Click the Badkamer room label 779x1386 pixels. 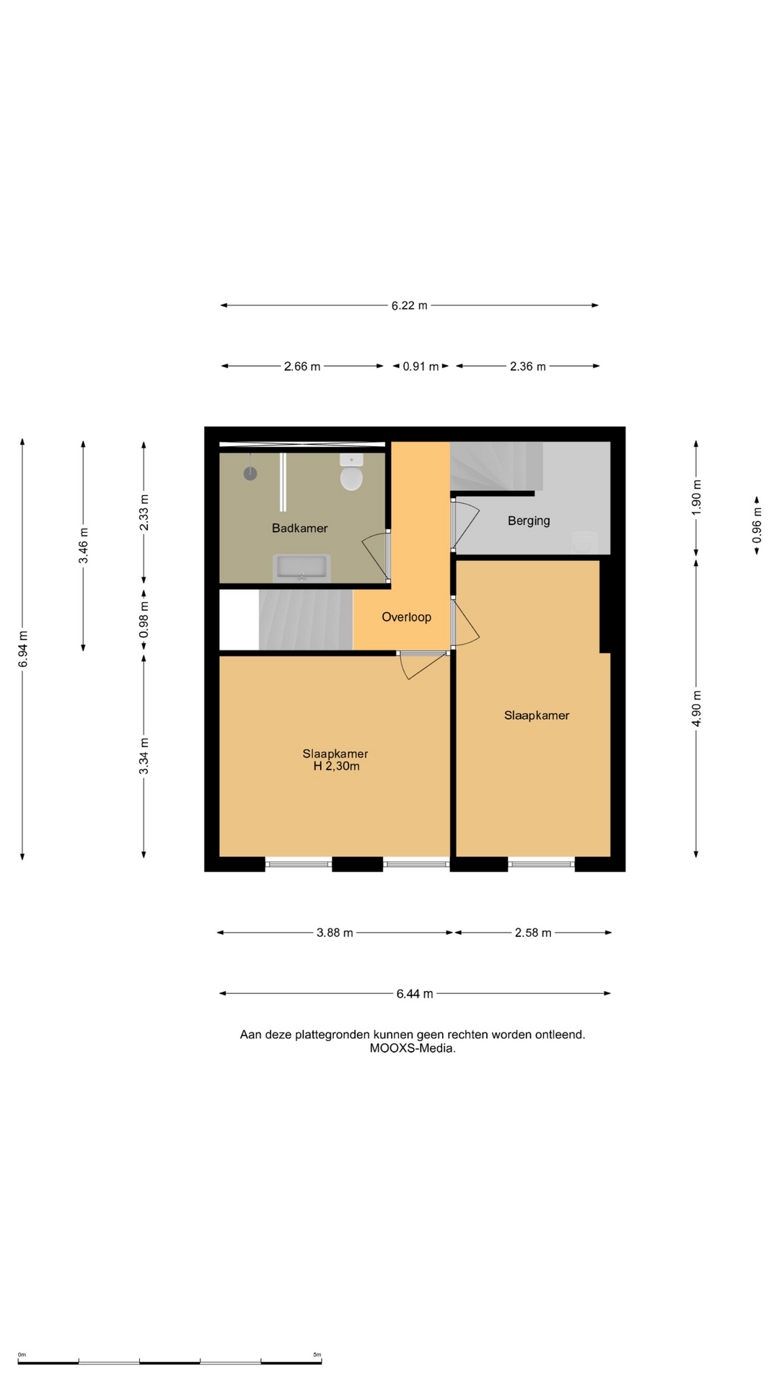[x=299, y=528]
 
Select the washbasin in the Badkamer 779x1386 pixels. [x=302, y=568]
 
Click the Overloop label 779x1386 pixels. [x=406, y=617]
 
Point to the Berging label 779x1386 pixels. [x=529, y=520]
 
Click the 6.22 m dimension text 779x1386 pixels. [x=410, y=305]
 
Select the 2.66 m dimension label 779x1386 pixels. [x=302, y=367]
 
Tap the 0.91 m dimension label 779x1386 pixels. [x=421, y=367]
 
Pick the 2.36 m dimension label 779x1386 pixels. [x=528, y=367]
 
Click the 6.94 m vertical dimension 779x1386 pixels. [x=23, y=649]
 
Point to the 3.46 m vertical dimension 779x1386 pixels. [x=84, y=546]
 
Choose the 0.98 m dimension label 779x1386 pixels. [x=144, y=620]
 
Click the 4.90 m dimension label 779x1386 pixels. [x=697, y=709]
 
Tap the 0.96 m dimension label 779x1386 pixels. [x=757, y=526]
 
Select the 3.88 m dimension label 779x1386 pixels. [x=335, y=933]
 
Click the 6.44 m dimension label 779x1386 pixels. [x=415, y=994]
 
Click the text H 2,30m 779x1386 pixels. [x=336, y=767]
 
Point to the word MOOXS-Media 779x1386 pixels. [x=413, y=1049]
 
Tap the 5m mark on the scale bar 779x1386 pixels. [x=317, y=1355]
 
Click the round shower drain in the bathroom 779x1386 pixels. [x=250, y=474]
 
